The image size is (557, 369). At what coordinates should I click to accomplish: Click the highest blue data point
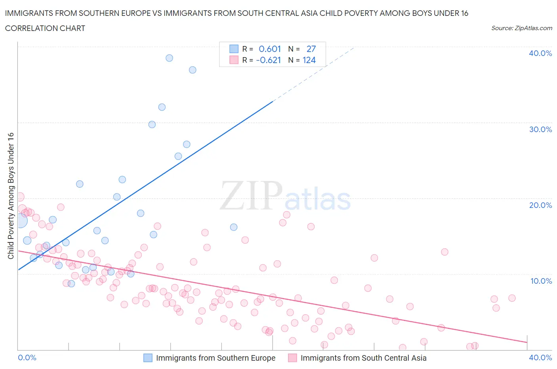click(169, 58)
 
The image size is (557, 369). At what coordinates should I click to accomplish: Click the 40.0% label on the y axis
click(540, 53)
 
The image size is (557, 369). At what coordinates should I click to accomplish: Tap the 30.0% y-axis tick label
click(540, 129)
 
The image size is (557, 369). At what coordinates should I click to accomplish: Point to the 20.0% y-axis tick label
click(540, 205)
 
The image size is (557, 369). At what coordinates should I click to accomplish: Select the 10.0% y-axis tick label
click(541, 281)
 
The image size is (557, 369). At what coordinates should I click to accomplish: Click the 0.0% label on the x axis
click(27, 357)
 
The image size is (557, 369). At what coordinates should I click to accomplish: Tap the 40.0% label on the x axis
click(540, 357)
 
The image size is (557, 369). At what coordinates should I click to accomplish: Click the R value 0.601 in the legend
click(270, 49)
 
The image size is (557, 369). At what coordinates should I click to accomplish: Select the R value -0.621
click(269, 60)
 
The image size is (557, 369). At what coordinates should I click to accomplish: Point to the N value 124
click(309, 60)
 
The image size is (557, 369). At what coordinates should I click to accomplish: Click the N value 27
click(311, 49)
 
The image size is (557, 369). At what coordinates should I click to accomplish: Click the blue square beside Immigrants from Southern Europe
click(148, 358)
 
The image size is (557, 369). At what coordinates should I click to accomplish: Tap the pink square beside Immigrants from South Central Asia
click(292, 358)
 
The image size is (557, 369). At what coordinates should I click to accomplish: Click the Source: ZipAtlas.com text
click(521, 28)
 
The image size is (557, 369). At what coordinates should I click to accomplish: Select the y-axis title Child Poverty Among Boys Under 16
click(11, 196)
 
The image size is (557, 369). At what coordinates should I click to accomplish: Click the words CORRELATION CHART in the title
click(45, 28)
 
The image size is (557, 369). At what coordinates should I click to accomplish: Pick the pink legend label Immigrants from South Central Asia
click(363, 358)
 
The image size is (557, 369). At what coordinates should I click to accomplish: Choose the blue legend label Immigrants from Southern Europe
click(216, 358)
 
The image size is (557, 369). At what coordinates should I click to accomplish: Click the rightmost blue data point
click(234, 227)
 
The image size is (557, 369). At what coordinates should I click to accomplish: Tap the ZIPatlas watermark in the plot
click(285, 196)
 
